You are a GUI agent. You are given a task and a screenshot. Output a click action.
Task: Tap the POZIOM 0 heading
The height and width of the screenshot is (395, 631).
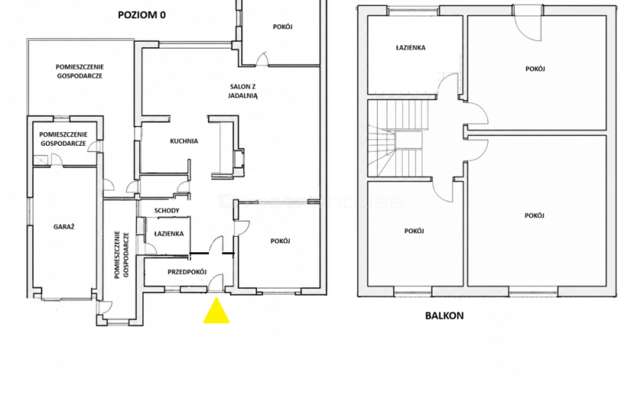tap(141, 15)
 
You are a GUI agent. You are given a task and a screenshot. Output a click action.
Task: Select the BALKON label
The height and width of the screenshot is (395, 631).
tap(444, 316)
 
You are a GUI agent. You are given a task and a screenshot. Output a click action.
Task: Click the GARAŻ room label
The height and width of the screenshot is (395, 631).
tap(64, 227)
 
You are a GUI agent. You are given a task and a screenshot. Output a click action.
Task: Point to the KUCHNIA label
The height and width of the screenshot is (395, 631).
tap(184, 141)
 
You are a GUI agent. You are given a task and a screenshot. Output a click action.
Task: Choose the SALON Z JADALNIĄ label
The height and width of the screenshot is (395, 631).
tap(243, 91)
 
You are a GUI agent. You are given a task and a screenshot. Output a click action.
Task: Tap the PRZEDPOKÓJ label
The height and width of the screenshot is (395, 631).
tap(187, 272)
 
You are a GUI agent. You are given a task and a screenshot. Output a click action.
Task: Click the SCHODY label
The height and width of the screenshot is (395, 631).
tap(166, 210)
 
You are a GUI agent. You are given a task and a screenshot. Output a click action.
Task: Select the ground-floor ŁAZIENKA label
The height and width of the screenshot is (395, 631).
tap(169, 234)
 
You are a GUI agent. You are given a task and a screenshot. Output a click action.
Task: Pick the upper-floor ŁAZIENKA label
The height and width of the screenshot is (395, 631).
tap(411, 47)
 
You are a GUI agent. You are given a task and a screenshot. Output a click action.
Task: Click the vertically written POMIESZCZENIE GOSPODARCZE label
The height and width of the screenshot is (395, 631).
tap(121, 254)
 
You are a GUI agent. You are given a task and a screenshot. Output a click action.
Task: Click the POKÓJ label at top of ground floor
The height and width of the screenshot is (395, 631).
tap(283, 27)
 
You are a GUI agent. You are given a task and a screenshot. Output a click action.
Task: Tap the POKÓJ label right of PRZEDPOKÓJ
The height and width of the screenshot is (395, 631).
tap(280, 241)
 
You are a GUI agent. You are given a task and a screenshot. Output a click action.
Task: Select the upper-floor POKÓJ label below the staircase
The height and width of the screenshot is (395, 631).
tap(414, 231)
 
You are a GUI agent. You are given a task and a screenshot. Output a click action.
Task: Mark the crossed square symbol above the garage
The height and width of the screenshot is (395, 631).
tap(40, 160)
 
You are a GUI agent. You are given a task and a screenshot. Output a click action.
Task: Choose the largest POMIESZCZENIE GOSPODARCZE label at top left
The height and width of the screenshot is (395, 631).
tap(79, 71)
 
